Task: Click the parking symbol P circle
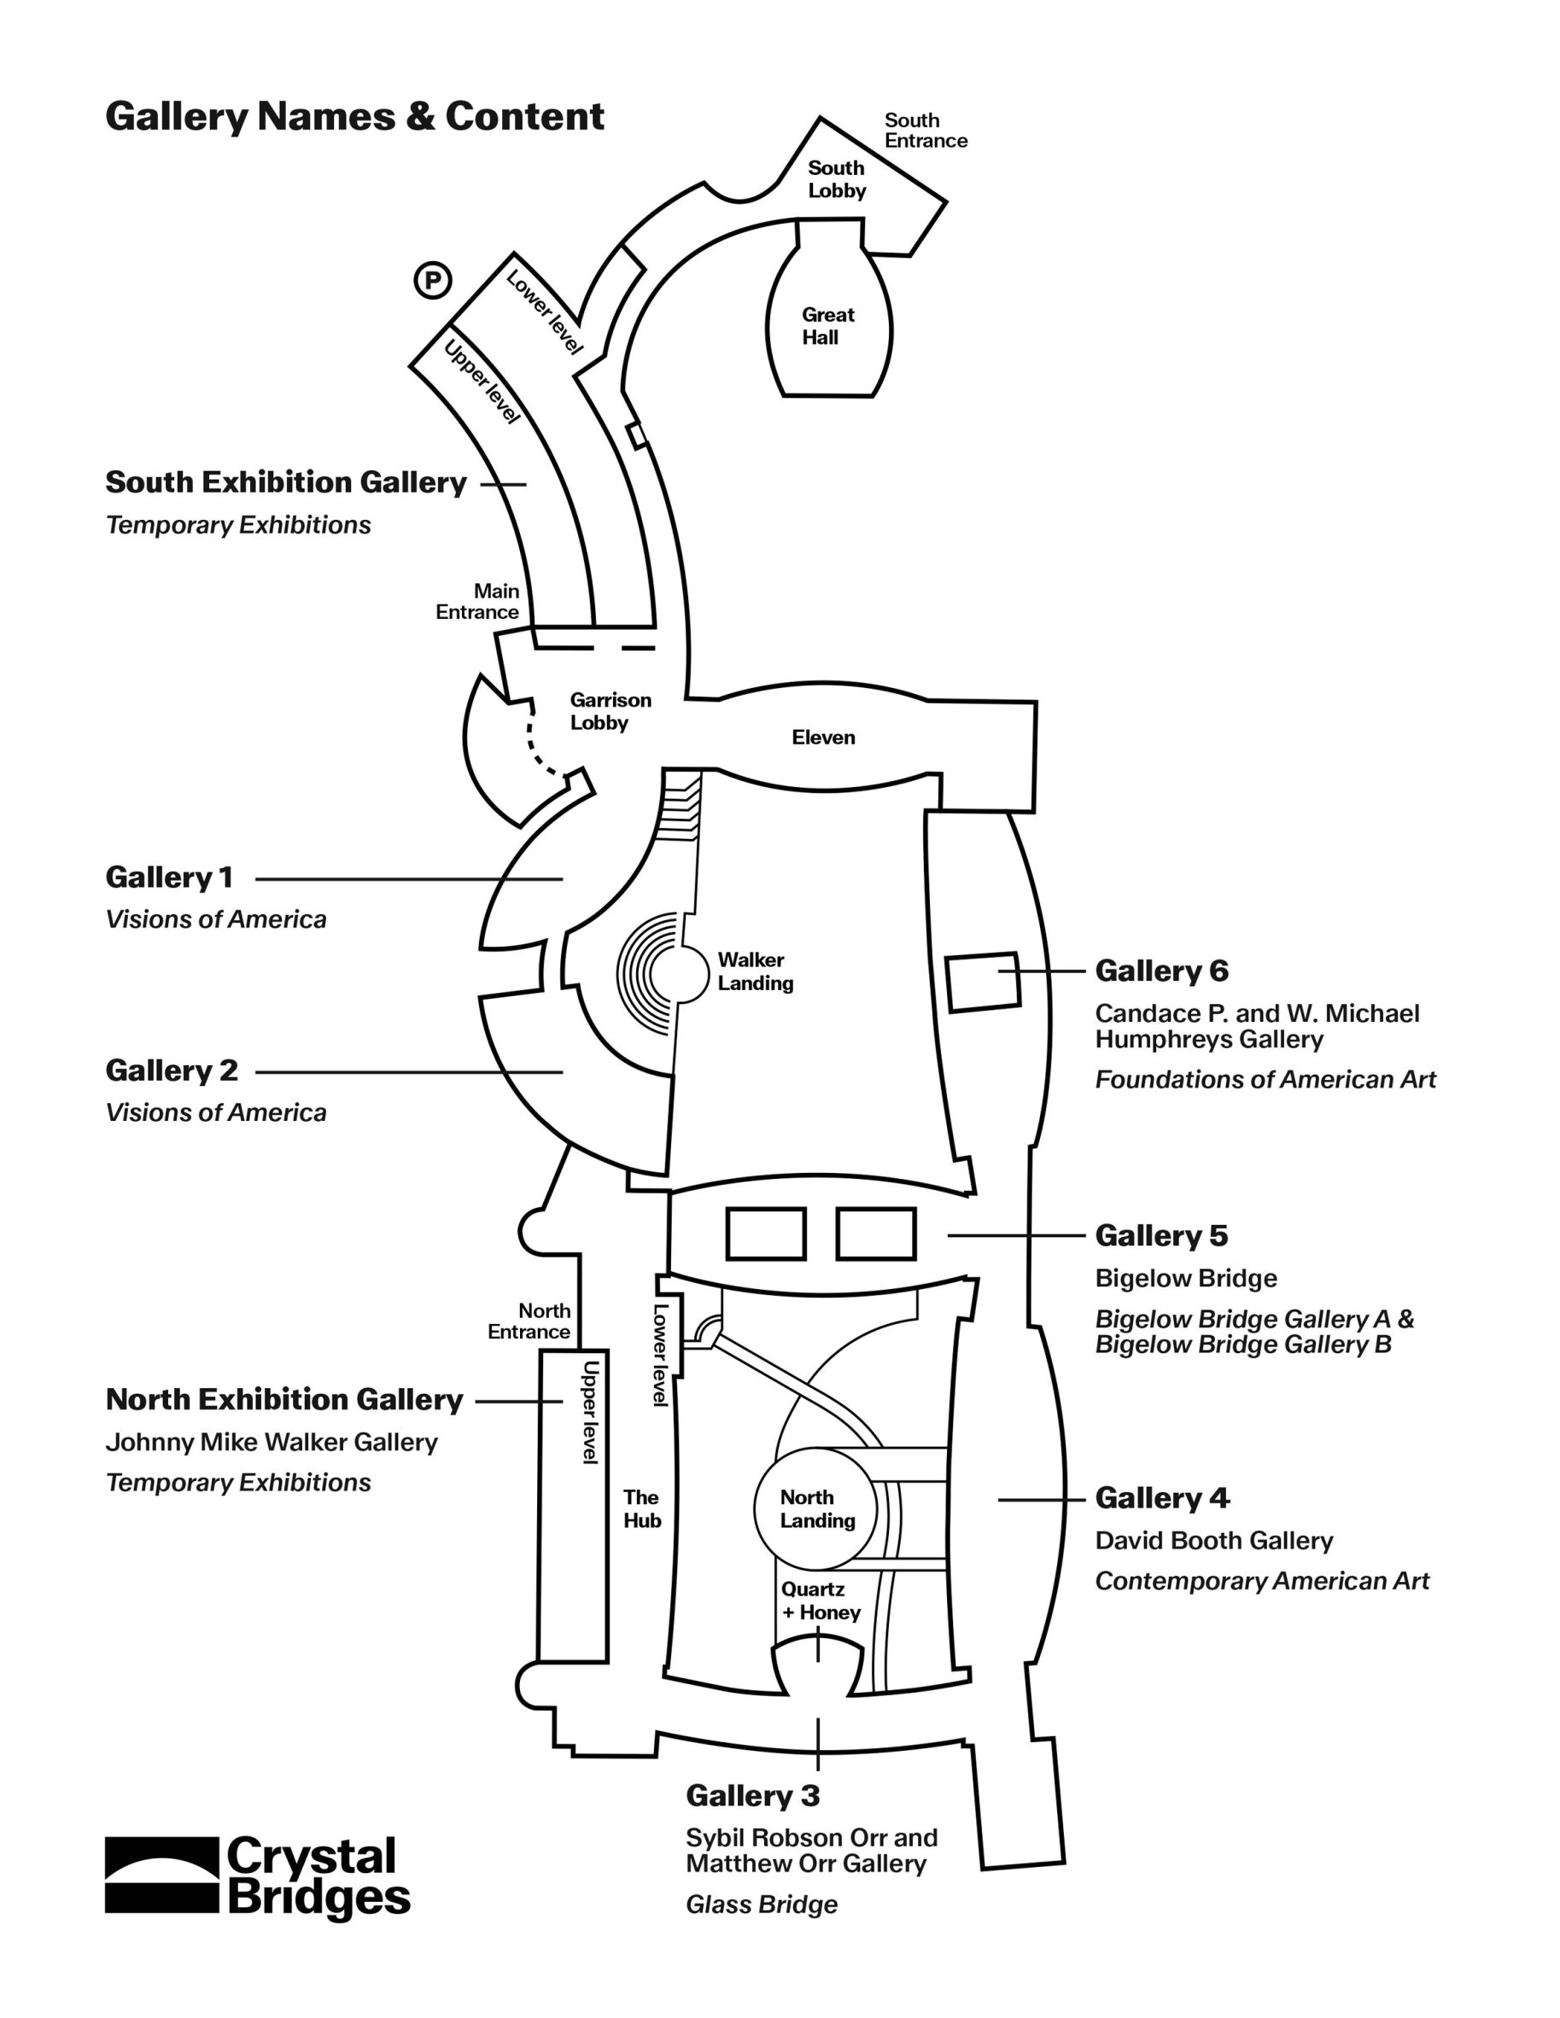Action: [x=433, y=280]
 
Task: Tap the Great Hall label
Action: [x=827, y=326]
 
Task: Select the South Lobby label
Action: [x=837, y=179]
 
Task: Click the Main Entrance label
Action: [x=478, y=602]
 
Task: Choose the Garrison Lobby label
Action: [x=610, y=711]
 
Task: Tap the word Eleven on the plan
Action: [x=823, y=738]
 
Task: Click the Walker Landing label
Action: [x=755, y=971]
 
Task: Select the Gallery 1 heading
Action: [x=169, y=877]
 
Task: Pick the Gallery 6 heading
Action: [x=1162, y=971]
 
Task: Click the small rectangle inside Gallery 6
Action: [x=983, y=983]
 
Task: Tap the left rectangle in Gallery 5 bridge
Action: [x=765, y=1234]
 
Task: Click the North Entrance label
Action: [x=529, y=1321]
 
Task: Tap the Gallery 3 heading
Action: [x=752, y=1795]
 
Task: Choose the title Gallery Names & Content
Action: [x=355, y=117]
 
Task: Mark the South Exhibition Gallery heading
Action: [x=285, y=482]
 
